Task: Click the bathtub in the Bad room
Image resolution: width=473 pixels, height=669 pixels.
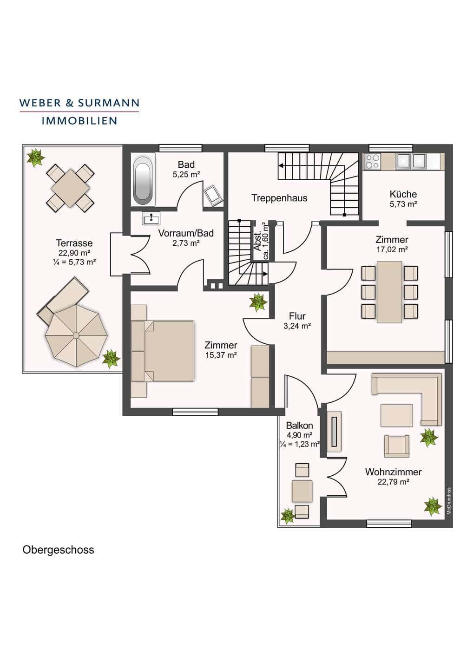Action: (x=143, y=179)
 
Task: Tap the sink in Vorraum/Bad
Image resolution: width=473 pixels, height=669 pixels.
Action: (x=151, y=218)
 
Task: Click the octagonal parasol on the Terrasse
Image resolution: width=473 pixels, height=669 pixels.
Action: (x=76, y=335)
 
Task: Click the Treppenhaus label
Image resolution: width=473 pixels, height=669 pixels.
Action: (x=279, y=198)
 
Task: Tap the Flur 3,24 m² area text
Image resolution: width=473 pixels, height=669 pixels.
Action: (x=297, y=326)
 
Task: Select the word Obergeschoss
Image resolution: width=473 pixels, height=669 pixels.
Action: (x=58, y=550)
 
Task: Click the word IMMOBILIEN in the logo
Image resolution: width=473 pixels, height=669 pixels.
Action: (x=79, y=121)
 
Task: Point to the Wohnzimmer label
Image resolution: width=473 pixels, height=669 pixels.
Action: (x=393, y=472)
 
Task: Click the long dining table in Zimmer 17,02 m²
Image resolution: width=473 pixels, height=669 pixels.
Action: (x=389, y=292)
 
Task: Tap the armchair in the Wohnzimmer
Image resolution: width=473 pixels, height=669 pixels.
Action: (x=396, y=446)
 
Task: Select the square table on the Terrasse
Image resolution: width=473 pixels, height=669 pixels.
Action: (x=70, y=188)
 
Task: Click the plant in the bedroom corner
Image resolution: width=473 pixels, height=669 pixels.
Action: (x=258, y=302)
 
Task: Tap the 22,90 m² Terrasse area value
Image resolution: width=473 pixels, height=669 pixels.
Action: (x=74, y=253)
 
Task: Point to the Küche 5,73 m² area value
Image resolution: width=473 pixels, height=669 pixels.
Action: (x=403, y=204)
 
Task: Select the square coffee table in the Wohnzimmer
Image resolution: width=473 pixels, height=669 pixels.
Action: (x=396, y=415)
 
